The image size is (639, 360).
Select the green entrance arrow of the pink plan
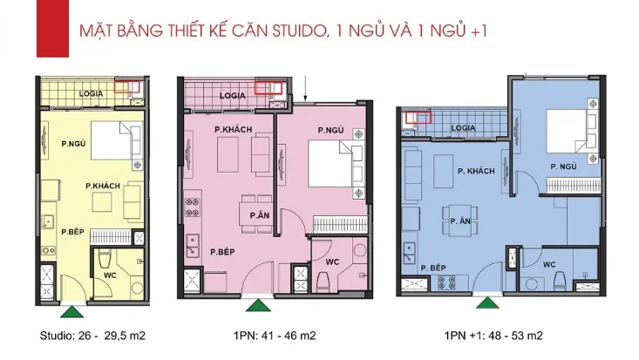(255, 304)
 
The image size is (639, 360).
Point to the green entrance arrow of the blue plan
(485, 302)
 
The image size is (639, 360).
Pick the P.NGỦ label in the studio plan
(73, 143)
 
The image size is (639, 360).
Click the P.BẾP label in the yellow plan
(71, 231)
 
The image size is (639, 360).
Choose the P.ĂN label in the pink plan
(258, 214)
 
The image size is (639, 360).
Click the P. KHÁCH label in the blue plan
(476, 171)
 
